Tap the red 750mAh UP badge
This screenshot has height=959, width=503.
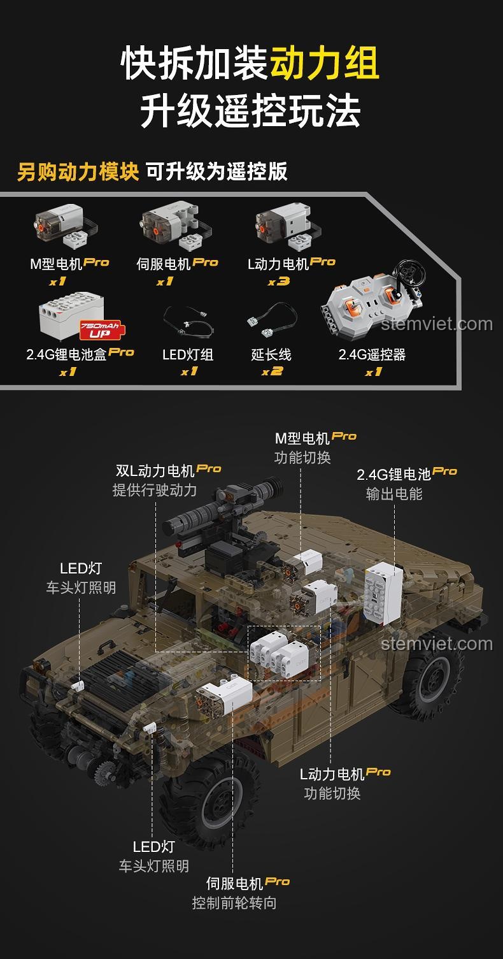click(x=100, y=329)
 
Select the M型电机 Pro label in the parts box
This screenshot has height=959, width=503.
click(x=69, y=264)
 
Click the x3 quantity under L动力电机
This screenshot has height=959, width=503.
click(x=279, y=281)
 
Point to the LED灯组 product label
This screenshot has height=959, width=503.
click(x=188, y=354)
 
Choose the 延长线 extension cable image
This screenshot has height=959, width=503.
click(x=272, y=321)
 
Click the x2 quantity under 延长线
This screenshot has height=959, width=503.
click(x=273, y=371)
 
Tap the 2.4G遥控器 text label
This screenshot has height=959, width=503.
click(x=372, y=354)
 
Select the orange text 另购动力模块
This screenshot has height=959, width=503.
click(x=78, y=171)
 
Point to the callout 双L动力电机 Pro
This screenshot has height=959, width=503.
click(x=168, y=470)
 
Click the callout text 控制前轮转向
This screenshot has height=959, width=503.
click(x=234, y=903)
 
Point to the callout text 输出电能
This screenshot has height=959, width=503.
click(x=394, y=494)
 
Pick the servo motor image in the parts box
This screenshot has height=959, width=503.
click(x=175, y=226)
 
